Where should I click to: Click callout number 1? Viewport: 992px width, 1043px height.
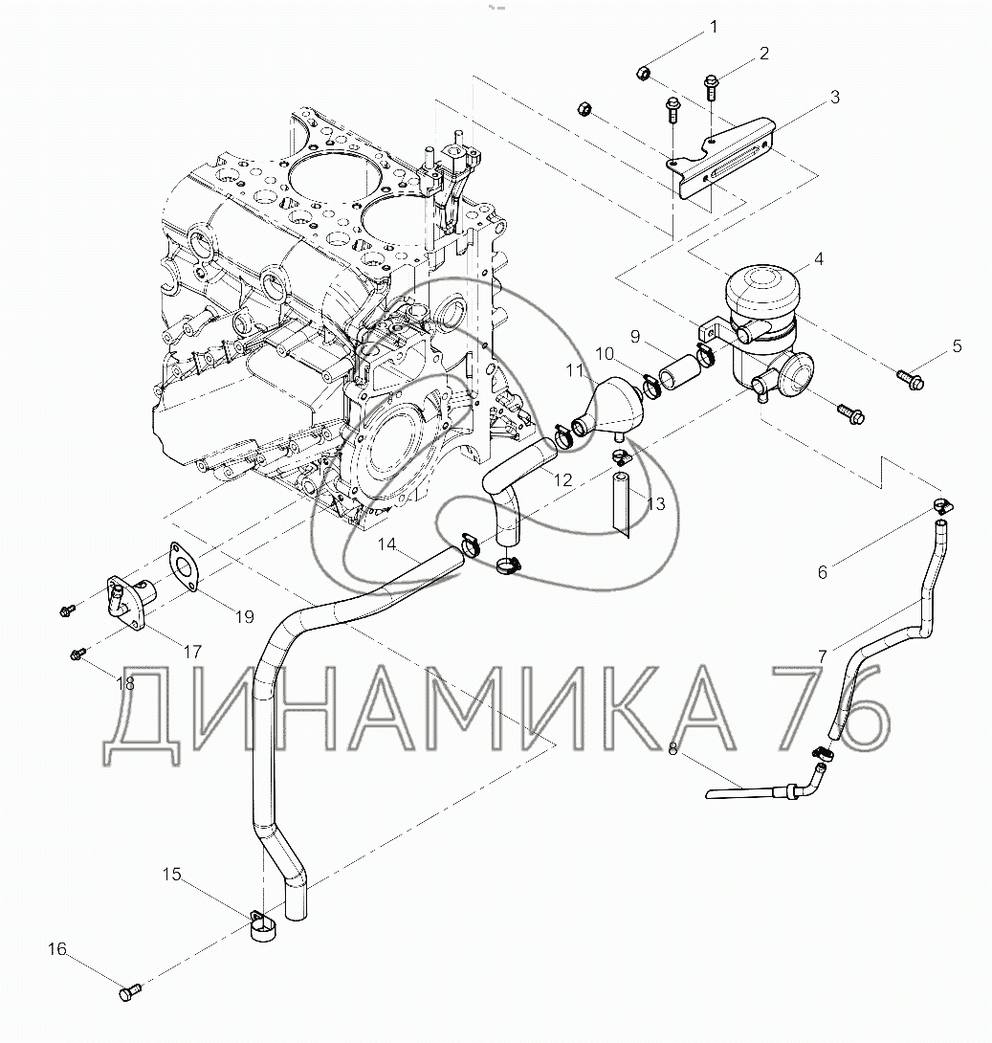[x=714, y=28]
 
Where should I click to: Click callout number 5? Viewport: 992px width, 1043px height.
[x=956, y=346]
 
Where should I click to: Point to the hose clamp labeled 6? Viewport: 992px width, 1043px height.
[x=942, y=507]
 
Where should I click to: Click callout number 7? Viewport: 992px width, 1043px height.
[x=823, y=656]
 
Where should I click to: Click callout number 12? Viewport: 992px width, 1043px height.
[x=562, y=479]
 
